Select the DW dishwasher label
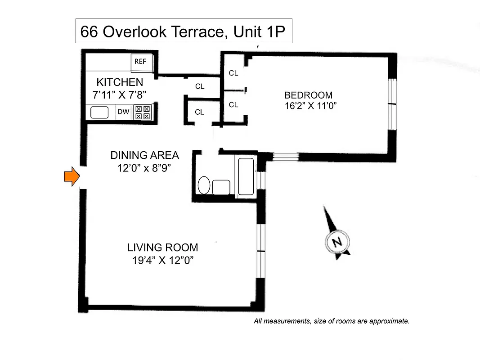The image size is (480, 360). (x=123, y=112)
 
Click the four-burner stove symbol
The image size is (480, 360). (x=144, y=112)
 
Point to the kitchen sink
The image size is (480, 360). (x=100, y=112)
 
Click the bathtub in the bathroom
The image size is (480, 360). (x=246, y=176)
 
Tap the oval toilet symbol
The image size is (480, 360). (x=204, y=185)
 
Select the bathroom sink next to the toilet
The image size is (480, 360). (x=221, y=187)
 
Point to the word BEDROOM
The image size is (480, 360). (x=308, y=95)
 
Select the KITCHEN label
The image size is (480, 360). (x=120, y=82)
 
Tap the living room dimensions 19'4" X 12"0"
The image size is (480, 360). (x=162, y=260)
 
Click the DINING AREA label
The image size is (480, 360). (x=144, y=155)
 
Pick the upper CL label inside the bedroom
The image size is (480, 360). (x=233, y=73)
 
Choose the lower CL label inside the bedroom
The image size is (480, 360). (x=233, y=104)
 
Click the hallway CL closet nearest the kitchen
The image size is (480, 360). (x=200, y=86)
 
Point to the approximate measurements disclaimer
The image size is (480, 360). (x=332, y=321)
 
